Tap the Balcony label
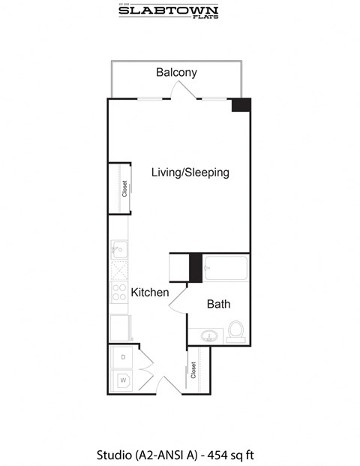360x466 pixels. (176, 73)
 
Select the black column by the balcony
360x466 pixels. (241, 106)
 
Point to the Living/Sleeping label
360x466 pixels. (190, 173)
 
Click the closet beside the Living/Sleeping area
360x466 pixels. (120, 188)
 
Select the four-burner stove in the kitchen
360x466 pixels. (119, 293)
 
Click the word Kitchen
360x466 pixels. (150, 293)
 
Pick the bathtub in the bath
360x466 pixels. (226, 269)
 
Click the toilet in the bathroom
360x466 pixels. (235, 330)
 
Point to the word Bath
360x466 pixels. (218, 305)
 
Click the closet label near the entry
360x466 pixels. (193, 369)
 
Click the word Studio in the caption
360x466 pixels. (114, 455)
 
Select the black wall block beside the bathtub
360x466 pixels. (195, 268)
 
